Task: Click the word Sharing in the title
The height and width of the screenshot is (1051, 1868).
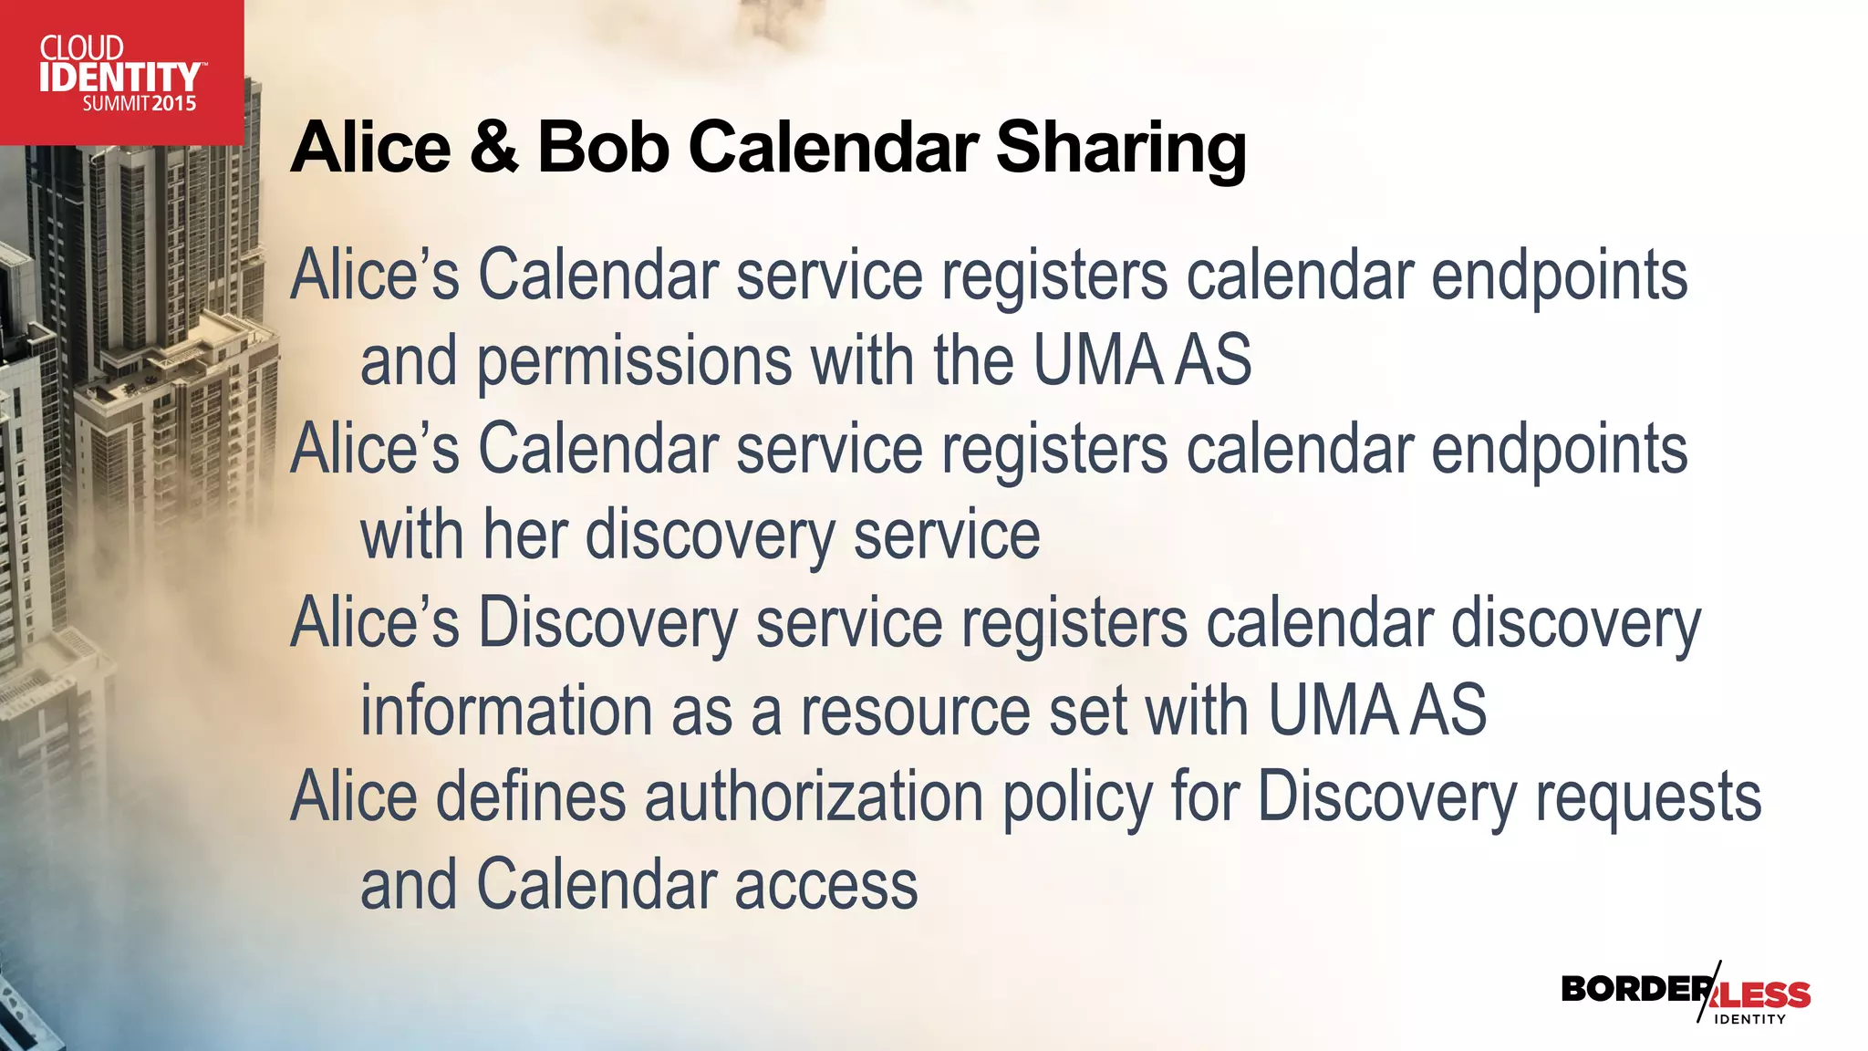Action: (x=1121, y=148)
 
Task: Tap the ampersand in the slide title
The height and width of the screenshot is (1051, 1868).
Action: (x=494, y=148)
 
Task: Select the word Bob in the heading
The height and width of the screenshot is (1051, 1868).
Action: (x=603, y=148)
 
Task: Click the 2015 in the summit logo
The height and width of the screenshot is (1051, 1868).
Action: (x=174, y=104)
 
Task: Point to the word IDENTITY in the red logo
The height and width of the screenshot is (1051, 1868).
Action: (x=119, y=78)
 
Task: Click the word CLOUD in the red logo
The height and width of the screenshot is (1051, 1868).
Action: (x=81, y=47)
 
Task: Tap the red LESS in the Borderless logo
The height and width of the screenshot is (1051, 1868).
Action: (x=1766, y=994)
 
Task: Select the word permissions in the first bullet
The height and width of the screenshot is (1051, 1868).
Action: (x=634, y=362)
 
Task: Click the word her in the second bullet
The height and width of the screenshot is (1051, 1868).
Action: (x=525, y=536)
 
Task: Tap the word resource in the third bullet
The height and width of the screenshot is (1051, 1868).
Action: (x=915, y=711)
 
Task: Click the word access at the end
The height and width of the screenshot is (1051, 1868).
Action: (x=825, y=886)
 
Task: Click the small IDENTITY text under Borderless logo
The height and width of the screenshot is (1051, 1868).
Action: (x=1749, y=1019)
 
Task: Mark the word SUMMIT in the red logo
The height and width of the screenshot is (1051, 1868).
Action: (x=116, y=104)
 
